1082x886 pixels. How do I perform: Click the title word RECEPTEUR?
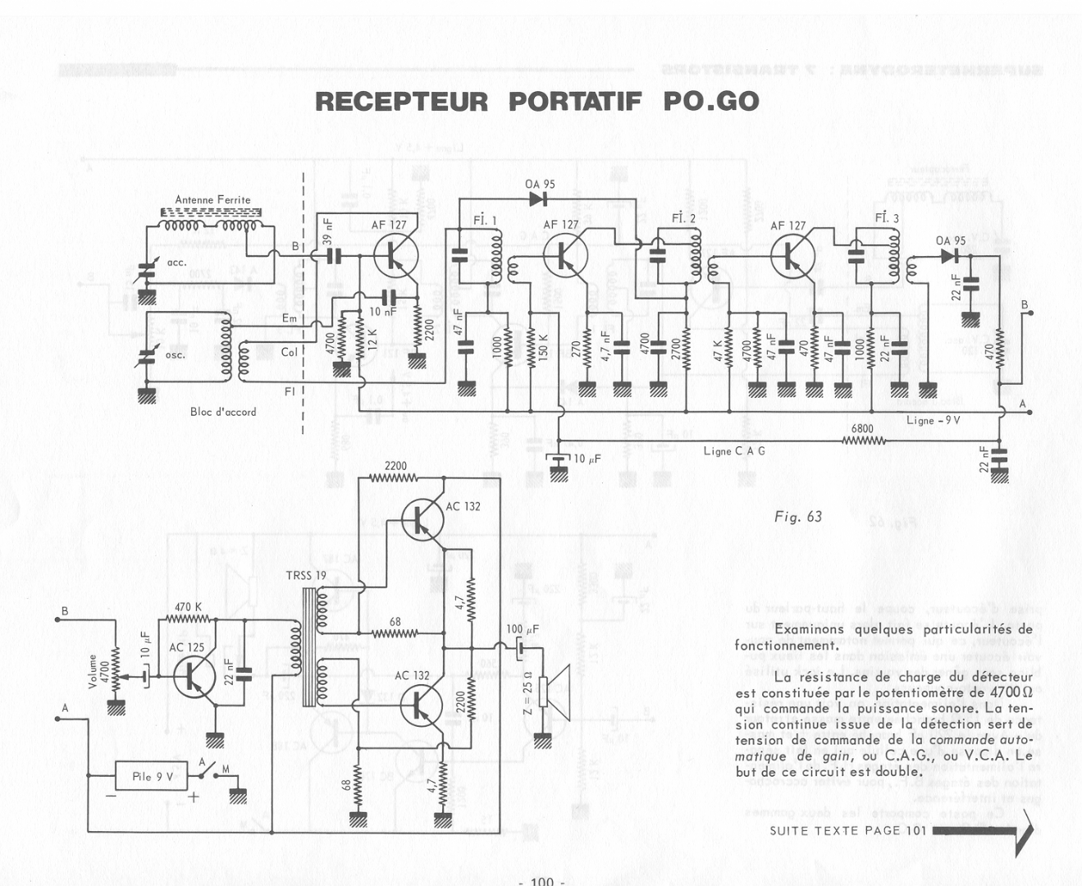point(401,102)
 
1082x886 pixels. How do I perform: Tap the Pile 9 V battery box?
point(152,776)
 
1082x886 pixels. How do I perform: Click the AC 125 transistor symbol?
point(194,676)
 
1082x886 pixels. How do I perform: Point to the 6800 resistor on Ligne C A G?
point(863,441)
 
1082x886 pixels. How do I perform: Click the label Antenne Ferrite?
point(212,199)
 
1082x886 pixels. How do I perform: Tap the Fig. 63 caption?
point(797,516)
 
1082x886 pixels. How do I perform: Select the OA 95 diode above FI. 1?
point(538,199)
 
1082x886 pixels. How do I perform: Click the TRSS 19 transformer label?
point(305,575)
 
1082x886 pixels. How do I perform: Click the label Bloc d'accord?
point(223,412)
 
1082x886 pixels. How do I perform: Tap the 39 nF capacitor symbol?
point(332,255)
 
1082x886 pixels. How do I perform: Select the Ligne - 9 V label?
point(933,420)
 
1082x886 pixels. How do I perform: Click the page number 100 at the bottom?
point(541,880)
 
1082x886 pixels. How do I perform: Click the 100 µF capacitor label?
point(523,629)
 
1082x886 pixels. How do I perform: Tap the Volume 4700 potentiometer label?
point(98,670)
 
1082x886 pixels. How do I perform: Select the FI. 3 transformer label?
point(886,218)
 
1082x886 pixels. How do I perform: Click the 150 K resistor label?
point(543,349)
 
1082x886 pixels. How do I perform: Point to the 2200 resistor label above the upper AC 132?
point(395,466)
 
